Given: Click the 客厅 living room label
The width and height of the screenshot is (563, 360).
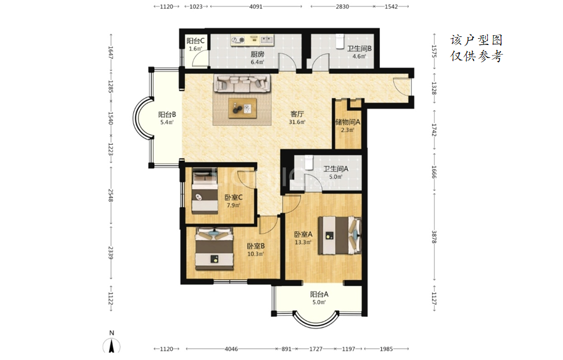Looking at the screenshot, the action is point(297,114).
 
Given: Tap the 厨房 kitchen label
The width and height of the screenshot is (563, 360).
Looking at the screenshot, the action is point(257,54).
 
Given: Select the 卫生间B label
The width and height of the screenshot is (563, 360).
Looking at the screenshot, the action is point(359,49).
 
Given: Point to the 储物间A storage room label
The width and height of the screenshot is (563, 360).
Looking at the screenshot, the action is point(348,122).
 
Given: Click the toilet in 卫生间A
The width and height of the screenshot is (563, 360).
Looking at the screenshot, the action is point(309,162).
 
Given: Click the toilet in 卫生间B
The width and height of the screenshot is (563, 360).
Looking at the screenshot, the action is point(340,41).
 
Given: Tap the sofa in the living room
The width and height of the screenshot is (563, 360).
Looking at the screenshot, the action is point(242,83).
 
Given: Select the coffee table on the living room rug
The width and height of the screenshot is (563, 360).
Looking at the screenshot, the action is point(242,108).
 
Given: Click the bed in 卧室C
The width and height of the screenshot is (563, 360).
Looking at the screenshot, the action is point(205,191).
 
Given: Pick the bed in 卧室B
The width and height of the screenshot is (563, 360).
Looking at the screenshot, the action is point(215,249).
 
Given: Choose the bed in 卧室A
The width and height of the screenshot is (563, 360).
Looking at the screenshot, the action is point(340,235).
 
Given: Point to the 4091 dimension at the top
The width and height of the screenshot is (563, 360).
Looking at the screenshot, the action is point(256,6).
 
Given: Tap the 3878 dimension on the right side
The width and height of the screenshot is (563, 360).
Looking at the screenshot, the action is point(434,237).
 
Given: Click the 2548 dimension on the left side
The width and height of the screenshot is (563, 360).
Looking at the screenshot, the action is point(110,195).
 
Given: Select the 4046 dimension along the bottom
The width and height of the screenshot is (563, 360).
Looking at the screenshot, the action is point(231,349).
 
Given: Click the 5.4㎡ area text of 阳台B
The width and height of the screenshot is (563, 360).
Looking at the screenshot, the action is point(167,123).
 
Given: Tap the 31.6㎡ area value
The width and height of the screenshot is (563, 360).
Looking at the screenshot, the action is point(297,122).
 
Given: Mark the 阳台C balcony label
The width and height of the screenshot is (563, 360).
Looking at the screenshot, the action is point(195,41).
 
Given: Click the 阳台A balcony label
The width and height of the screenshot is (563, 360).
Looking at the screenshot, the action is point(319,294).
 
